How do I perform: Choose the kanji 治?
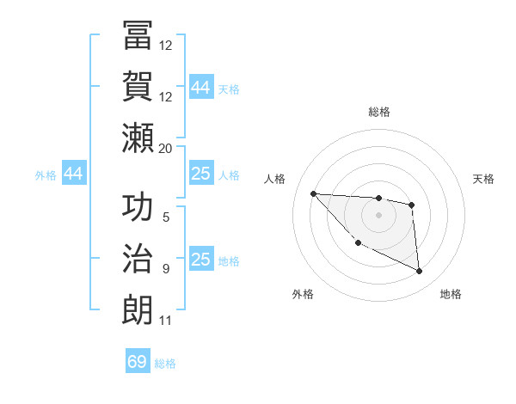138,259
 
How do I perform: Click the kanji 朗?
138,310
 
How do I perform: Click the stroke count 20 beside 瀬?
166,148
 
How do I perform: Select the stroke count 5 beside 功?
166,217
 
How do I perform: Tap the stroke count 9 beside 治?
166,269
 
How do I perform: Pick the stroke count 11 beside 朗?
166,321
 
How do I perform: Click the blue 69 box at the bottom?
138,362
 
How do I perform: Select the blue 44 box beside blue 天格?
201,88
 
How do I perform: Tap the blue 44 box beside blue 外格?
74,174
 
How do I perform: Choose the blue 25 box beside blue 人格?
201,174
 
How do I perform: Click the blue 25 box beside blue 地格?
201,260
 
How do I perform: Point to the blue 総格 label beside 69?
165,364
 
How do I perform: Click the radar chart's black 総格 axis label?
378,112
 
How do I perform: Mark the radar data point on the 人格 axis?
313,193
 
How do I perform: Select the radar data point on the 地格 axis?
420,272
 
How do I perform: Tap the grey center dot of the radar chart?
378,215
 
